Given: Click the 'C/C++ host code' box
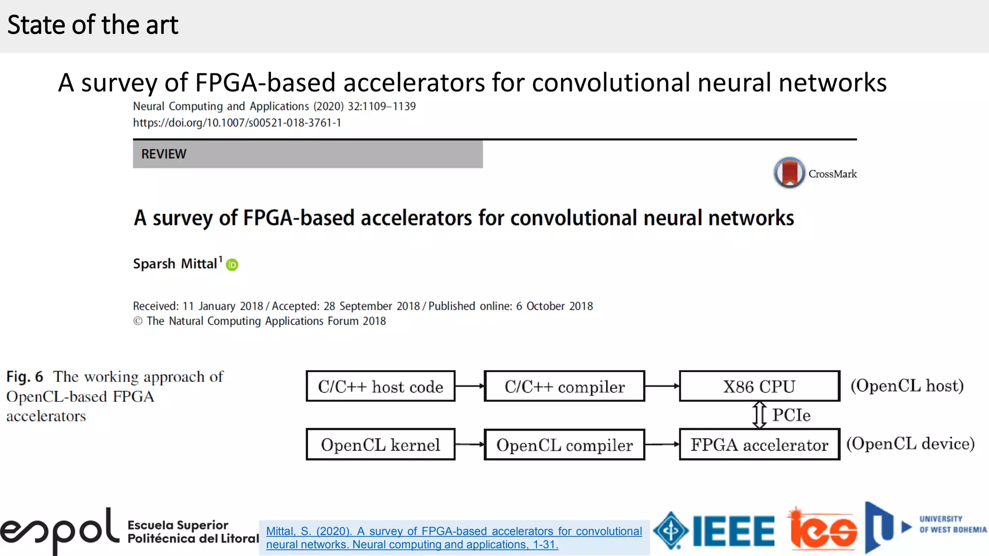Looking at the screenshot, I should pyautogui.click(x=381, y=386).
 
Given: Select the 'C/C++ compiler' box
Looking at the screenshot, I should pyautogui.click(x=564, y=386).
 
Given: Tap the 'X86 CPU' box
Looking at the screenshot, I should pyautogui.click(x=759, y=386).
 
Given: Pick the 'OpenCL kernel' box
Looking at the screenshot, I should pyautogui.click(x=381, y=445).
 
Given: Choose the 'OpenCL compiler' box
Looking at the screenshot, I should pyautogui.click(x=564, y=445).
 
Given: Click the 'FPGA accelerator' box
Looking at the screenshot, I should pyautogui.click(x=759, y=445).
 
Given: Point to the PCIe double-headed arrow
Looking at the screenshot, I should pyautogui.click(x=760, y=415).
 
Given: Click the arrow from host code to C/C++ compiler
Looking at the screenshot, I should pyautogui.click(x=469, y=386).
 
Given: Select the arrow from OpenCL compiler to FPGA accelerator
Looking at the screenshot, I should pyautogui.click(x=662, y=445).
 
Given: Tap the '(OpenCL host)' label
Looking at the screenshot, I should pyautogui.click(x=907, y=386).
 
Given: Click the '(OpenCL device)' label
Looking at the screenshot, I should pyautogui.click(x=910, y=444).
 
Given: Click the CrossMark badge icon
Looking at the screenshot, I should pyautogui.click(x=789, y=172).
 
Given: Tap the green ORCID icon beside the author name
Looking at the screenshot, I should pyautogui.click(x=232, y=264).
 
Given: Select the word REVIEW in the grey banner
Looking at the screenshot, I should pyautogui.click(x=164, y=154).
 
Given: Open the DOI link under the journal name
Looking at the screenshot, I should pyautogui.click(x=237, y=123).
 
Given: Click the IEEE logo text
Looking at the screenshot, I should pyautogui.click(x=734, y=531).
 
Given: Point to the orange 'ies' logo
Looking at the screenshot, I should pyautogui.click(x=823, y=530).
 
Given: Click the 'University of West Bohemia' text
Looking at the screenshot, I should pyautogui.click(x=952, y=524).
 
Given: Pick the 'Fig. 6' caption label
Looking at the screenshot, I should pyautogui.click(x=25, y=376).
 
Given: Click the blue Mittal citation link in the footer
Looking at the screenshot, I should pyautogui.click(x=454, y=538).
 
